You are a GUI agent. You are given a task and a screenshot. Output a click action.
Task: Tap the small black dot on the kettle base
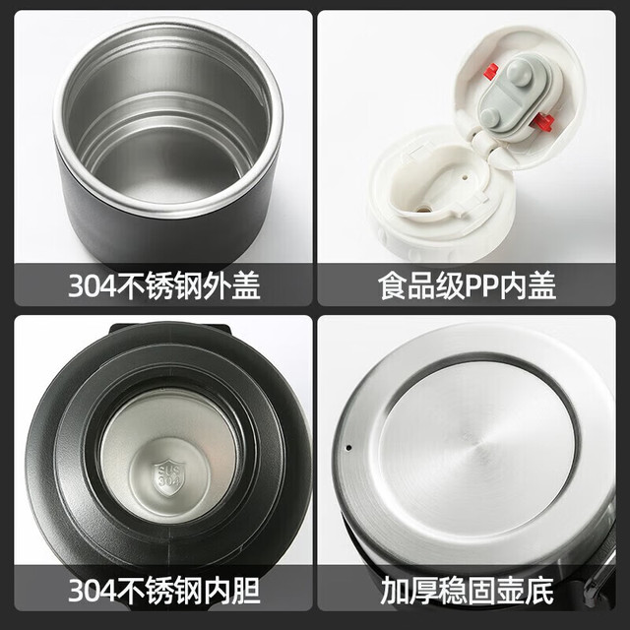pyautogui.click(x=348, y=448)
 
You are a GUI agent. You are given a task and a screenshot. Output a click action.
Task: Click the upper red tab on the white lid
pyautogui.click(x=490, y=71)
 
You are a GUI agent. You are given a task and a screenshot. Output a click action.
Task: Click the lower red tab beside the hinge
pyautogui.click(x=542, y=121)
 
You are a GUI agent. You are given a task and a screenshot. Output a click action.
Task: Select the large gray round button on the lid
pyautogui.click(x=519, y=72)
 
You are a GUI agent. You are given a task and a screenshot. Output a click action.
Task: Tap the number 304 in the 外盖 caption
pyautogui.click(x=92, y=285)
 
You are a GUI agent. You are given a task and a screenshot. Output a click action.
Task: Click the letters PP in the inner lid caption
pyautogui.click(x=481, y=286)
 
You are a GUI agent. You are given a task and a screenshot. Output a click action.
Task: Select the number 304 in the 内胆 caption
pyautogui.click(x=92, y=591)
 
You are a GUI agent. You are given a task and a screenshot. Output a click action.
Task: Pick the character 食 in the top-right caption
pyautogui.click(x=393, y=285)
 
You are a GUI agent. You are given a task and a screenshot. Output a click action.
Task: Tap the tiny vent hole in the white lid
pyautogui.click(x=465, y=176)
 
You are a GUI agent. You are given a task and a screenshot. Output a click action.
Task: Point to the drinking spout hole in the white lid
pyautogui.click(x=422, y=210)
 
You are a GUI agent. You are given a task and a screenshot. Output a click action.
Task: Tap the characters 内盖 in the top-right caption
pyautogui.click(x=528, y=285)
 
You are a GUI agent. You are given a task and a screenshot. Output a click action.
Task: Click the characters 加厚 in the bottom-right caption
pyautogui.click(x=409, y=591)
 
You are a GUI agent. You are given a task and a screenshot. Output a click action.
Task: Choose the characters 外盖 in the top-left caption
pyautogui.click(x=232, y=285)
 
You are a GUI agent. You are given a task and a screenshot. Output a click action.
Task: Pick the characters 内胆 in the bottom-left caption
pyautogui.click(x=232, y=591)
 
